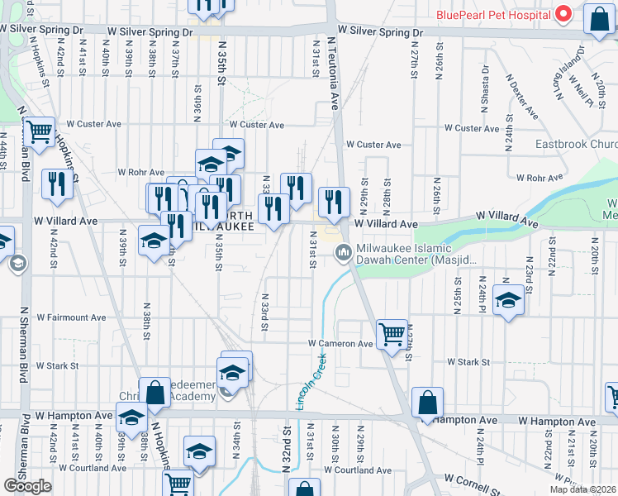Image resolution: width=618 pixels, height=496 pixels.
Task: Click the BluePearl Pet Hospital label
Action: coord(493,15)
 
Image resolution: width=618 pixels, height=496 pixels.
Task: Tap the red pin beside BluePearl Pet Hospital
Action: coord(563,14)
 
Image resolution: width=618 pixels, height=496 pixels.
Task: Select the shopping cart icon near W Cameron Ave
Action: coord(392,334)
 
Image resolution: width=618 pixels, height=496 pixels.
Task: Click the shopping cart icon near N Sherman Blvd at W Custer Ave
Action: coord(38,131)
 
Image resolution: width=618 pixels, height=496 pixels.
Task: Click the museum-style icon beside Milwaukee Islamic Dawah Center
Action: coord(344,254)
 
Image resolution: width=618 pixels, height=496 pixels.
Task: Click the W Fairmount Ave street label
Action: coord(69,317)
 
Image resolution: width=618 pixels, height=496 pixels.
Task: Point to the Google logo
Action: coord(27,485)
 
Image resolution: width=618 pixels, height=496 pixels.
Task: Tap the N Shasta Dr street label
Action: coord(485,87)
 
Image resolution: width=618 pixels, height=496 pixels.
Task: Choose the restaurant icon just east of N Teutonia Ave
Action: coord(334,203)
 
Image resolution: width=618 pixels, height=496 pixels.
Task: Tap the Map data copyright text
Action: coord(587,489)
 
